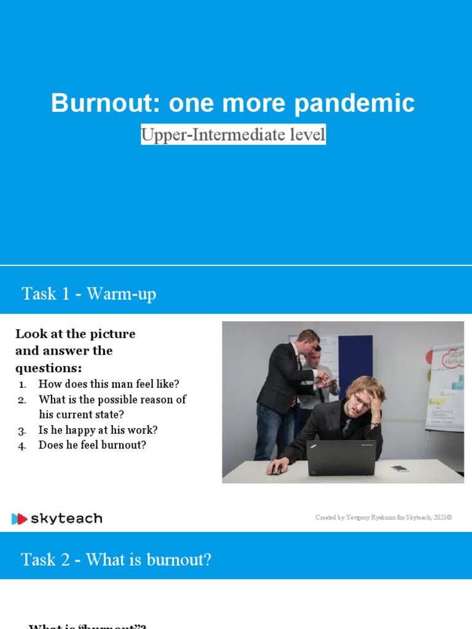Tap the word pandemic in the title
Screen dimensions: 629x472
pos(354,103)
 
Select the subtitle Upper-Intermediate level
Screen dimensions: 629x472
pos(233,135)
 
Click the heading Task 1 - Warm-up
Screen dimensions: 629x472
pos(89,294)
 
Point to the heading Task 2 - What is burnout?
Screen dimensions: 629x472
pos(116,560)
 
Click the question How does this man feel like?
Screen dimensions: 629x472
pos(108,384)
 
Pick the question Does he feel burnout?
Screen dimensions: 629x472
pos(92,445)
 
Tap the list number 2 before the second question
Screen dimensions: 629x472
pos(22,400)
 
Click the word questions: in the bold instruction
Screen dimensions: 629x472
pos(49,367)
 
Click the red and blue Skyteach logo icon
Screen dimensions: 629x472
pos(20,519)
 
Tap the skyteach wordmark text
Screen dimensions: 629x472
pos(67,519)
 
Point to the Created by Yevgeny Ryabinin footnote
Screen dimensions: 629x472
pos(383,518)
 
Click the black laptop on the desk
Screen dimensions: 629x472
pos(342,458)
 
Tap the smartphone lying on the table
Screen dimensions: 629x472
pos(400,469)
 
